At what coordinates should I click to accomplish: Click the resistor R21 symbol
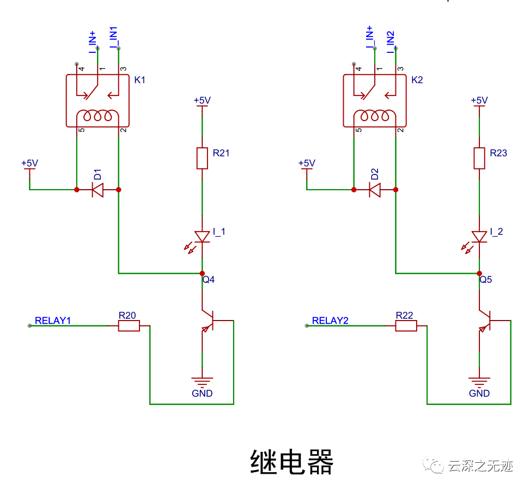coord(202,158)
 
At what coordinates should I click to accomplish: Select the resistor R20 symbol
coord(129,326)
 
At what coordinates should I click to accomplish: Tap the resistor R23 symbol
coord(479,158)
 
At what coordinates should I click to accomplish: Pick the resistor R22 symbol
coord(406,326)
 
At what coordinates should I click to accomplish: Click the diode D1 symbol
coord(98,190)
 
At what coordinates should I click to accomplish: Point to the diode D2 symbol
coord(375,190)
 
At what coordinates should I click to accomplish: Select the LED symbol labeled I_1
coord(202,237)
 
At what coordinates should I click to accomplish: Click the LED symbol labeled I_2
coord(479,237)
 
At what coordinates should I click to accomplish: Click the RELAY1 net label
coord(53,321)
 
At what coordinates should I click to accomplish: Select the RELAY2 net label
coord(330,321)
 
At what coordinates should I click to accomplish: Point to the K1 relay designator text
coord(140,80)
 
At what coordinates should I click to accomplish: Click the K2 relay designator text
coord(417,80)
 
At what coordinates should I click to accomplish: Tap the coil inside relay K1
coord(98,116)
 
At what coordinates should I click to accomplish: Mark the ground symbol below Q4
coord(202,382)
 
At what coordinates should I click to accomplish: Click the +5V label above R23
coord(479,100)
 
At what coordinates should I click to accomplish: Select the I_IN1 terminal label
coord(115,38)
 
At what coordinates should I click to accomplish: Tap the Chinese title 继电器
coord(291,462)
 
